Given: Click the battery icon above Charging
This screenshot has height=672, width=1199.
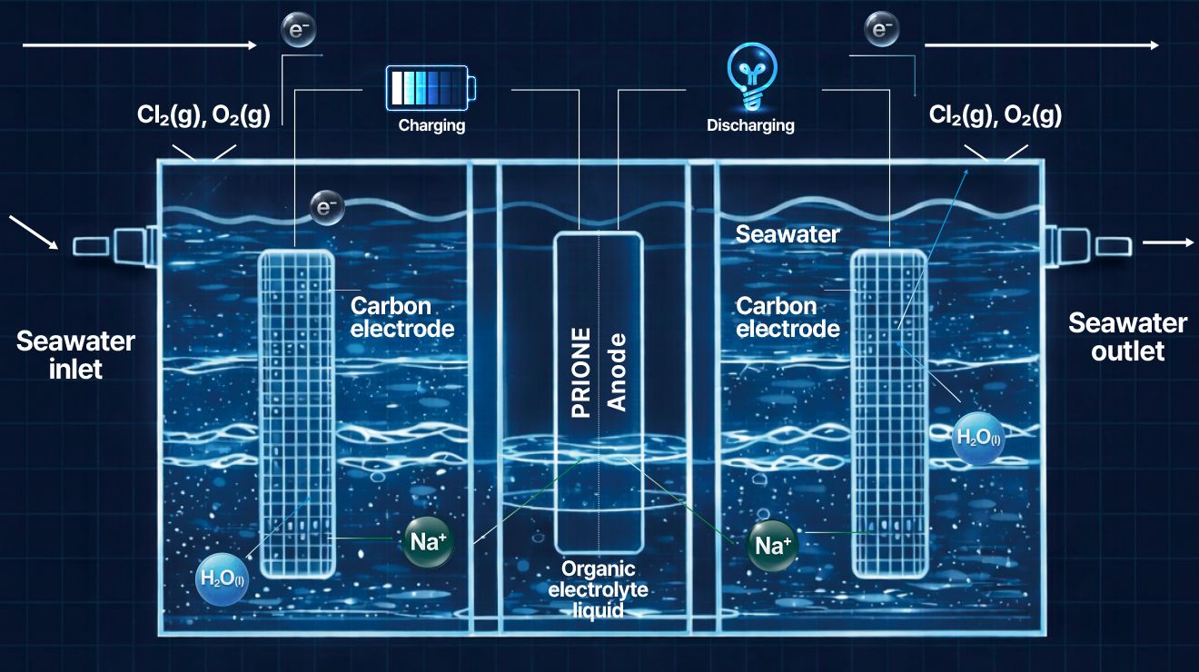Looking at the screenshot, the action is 431,88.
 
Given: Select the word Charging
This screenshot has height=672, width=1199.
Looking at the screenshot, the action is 432,125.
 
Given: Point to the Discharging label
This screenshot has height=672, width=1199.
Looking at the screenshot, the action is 750,125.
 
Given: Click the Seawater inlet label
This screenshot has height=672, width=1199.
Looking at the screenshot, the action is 75,355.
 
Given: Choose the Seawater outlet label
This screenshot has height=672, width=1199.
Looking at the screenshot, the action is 1128,337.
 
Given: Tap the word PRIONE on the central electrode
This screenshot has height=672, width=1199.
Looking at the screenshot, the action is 581,372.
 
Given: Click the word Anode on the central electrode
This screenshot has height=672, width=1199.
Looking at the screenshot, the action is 617,372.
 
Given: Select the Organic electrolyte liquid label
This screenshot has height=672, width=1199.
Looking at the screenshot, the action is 598,589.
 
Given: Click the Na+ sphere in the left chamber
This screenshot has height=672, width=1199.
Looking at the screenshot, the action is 428,542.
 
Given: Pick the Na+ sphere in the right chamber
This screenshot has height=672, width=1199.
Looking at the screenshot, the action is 772,546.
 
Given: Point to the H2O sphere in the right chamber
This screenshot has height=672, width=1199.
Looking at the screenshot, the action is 978,439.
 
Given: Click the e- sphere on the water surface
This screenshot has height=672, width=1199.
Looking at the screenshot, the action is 327,208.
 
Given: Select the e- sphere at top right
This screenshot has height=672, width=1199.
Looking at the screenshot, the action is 882,29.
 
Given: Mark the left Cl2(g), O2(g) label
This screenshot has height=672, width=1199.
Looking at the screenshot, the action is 203,115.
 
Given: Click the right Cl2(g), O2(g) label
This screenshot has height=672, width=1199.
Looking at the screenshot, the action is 995,115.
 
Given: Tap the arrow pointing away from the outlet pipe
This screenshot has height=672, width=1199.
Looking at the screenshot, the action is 1168,242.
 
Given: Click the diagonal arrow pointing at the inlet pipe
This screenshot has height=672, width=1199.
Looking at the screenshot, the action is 34,232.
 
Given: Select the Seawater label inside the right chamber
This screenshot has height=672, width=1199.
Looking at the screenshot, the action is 788,234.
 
